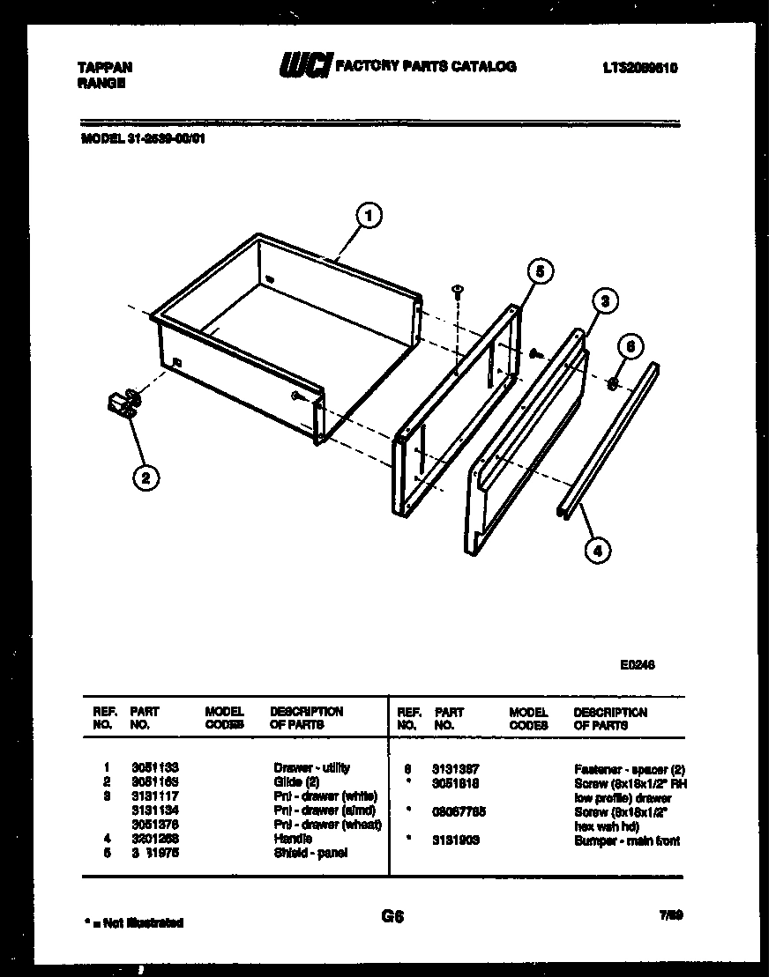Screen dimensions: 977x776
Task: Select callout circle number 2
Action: (145, 477)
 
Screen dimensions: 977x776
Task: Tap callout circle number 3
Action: (603, 302)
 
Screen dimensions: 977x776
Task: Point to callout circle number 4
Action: (597, 551)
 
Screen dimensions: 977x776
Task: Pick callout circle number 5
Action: (542, 271)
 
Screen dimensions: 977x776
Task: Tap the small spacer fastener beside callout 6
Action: (612, 382)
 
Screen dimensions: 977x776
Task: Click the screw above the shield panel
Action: (458, 292)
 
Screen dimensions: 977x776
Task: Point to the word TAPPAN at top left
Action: (106, 67)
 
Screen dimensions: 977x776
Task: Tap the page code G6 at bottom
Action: (392, 916)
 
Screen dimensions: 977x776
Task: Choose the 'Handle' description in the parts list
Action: (293, 839)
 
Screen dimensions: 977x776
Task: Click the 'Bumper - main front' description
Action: (627, 840)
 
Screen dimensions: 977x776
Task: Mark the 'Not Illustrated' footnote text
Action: (135, 922)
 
